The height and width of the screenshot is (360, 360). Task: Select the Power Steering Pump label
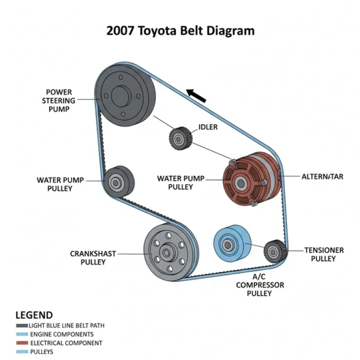pyautogui.click(x=59, y=100)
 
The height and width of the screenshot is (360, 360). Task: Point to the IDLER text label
pyautogui.click(x=208, y=127)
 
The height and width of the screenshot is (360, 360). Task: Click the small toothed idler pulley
pyautogui.click(x=179, y=138)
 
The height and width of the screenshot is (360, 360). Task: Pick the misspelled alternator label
pyautogui.click(x=322, y=177)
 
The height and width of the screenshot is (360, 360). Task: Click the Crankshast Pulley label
pyautogui.click(x=93, y=258)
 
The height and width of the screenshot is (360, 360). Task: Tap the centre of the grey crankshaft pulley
pyautogui.click(x=167, y=254)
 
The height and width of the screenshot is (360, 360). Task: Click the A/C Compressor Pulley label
pyautogui.click(x=260, y=285)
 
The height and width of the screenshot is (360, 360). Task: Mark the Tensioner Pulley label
pyautogui.click(x=324, y=254)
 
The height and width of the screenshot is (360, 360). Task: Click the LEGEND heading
pyautogui.click(x=34, y=315)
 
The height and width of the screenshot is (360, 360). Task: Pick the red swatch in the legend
pyautogui.click(x=22, y=343)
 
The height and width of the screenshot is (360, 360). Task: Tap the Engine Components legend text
pyautogui.click(x=61, y=335)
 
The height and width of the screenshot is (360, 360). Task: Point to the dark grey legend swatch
pyautogui.click(x=22, y=326)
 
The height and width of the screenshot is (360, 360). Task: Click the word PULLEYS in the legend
pyautogui.click(x=42, y=352)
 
